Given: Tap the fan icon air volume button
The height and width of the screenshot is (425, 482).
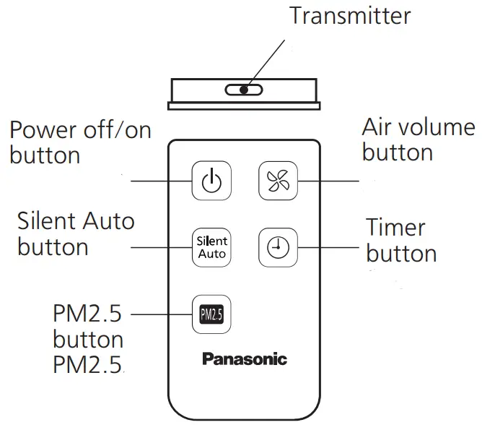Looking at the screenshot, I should coord(278,181).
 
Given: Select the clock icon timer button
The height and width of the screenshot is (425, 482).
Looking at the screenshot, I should coord(278,248).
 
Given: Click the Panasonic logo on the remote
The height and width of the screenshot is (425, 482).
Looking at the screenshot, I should coord(244,359).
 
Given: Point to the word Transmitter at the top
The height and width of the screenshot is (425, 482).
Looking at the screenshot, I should coord(350,15).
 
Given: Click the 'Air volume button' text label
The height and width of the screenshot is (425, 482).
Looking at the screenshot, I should coord(418,139).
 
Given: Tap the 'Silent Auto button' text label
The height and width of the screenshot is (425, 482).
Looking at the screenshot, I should coord(75,232).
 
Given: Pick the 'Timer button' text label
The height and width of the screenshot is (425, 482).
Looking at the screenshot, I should coord(400,241).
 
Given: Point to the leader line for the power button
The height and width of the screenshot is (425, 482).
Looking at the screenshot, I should coord(160,181).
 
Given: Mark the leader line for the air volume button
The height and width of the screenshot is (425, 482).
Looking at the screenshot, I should coord(328,181).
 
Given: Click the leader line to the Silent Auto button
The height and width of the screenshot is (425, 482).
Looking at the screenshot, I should coord(160,248).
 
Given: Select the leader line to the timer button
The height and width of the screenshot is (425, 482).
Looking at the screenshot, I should coord(328,248).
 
